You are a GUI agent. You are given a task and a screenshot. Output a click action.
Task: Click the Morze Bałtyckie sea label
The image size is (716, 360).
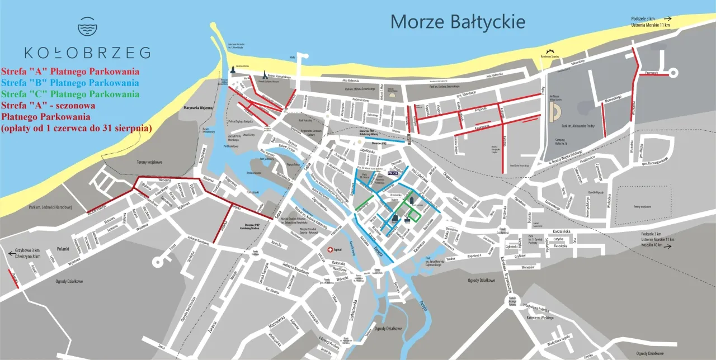click(x=458, y=22)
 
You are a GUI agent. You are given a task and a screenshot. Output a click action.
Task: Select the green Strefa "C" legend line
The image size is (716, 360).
click(x=70, y=94)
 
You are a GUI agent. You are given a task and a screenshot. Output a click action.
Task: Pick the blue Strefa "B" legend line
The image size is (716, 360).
click(x=70, y=83)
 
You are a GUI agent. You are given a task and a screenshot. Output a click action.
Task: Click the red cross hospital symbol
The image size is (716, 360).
click(x=331, y=250)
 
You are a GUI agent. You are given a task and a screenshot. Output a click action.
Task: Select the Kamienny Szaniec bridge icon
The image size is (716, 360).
click(x=553, y=50)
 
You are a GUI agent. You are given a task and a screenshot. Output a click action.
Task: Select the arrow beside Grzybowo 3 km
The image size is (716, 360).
click(x=12, y=253)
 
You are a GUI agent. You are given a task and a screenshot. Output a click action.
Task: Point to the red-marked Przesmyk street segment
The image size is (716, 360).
click(x=652, y=74)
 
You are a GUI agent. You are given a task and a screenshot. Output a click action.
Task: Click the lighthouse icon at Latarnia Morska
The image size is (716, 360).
click(x=232, y=72)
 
